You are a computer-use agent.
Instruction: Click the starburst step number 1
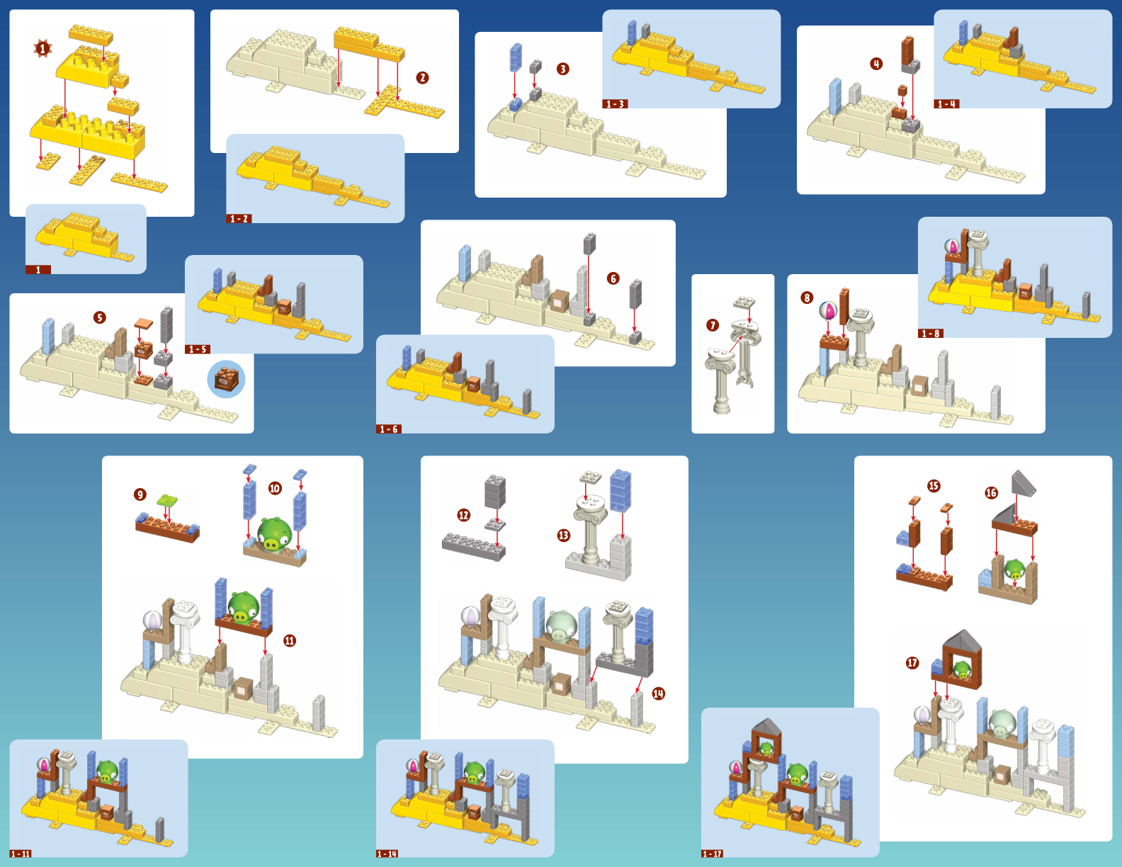click(42, 49)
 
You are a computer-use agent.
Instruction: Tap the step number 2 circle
click(422, 78)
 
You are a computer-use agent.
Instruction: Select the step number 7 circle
click(713, 325)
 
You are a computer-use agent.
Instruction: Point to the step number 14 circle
click(658, 694)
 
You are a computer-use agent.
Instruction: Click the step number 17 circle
click(912, 663)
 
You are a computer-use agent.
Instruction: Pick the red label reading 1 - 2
click(239, 219)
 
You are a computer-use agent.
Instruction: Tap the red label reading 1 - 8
click(931, 334)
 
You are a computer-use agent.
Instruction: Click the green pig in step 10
click(273, 535)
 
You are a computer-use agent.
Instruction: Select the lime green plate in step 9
click(167, 499)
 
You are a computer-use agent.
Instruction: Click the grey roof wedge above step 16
click(1024, 483)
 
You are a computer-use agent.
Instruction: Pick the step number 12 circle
click(464, 515)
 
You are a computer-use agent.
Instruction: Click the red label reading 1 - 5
click(197, 350)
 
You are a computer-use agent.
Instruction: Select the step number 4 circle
click(875, 64)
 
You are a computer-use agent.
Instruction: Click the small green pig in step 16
click(1014, 569)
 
